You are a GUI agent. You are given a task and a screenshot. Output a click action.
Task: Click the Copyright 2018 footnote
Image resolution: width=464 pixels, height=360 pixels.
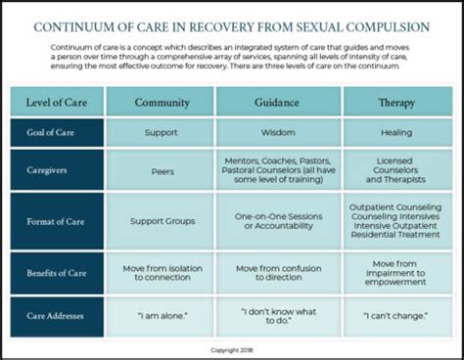click(x=232, y=348)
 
